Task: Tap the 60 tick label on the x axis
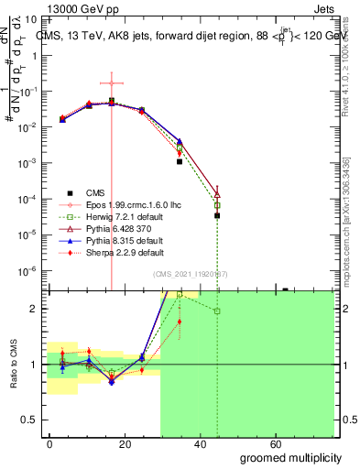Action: [284, 443]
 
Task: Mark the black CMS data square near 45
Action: [217, 139]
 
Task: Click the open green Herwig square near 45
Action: [217, 205]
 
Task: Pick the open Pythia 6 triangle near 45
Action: [217, 193]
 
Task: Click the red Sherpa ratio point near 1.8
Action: [180, 322]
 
